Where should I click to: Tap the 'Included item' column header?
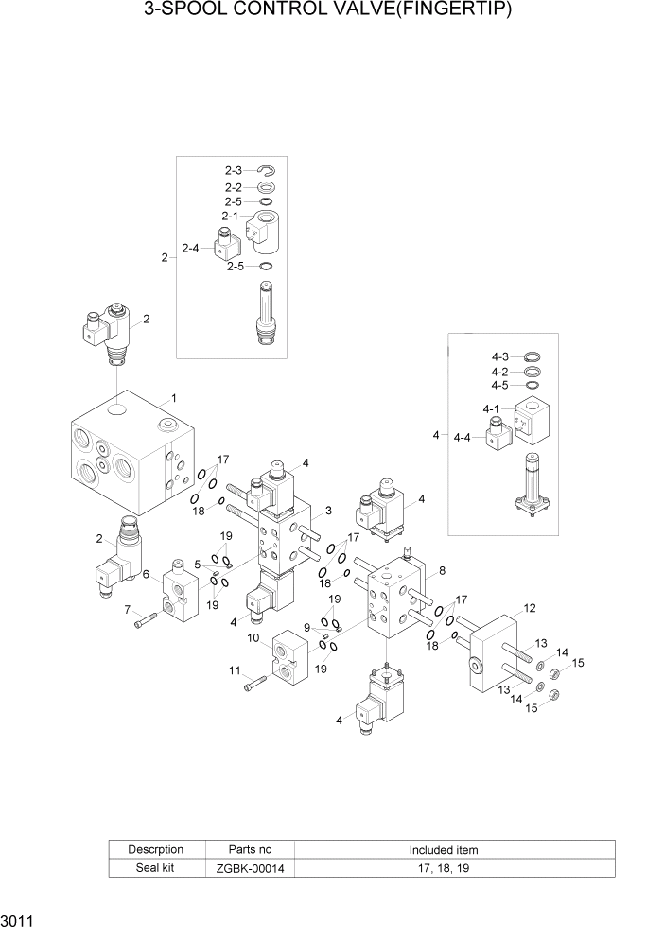443,849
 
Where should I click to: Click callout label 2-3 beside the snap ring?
234,170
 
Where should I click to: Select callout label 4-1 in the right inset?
490,409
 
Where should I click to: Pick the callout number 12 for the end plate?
530,608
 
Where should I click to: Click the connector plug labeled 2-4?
228,248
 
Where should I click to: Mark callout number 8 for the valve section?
441,572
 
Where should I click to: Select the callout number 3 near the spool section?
327,511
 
